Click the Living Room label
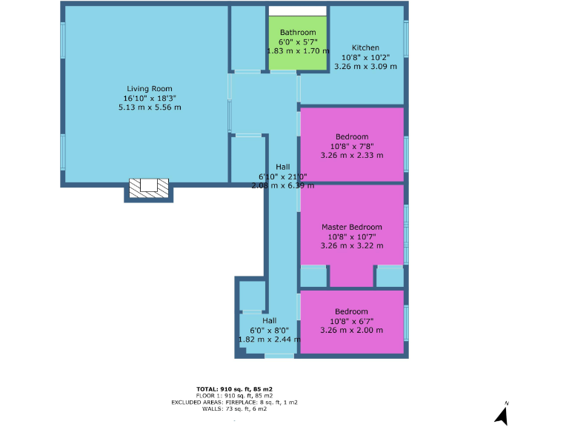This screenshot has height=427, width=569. tap(149, 88)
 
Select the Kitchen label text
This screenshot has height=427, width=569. tap(365, 47)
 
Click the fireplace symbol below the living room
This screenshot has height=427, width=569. tap(149, 188)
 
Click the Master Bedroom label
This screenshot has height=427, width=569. tap(352, 227)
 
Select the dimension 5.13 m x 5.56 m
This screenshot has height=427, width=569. tap(150, 107)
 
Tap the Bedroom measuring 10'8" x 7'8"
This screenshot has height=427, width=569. tap(352, 146)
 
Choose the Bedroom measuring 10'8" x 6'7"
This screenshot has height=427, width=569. tap(352, 321)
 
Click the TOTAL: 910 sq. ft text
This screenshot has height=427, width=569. tap(234, 389)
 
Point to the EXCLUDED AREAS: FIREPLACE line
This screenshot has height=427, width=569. tap(234, 402)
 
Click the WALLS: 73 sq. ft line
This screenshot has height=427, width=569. tap(234, 408)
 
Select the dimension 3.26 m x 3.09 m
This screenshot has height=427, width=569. tap(365, 67)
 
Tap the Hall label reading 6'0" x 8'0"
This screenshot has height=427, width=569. tap(269, 330)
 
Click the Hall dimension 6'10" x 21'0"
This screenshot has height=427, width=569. tap(282, 176)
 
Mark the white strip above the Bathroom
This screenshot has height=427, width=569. tap(298, 10)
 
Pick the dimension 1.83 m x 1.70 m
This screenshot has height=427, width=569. tap(298, 51)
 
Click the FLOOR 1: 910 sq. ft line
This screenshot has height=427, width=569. tap(234, 396)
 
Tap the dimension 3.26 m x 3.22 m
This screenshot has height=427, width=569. tap(352, 245)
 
